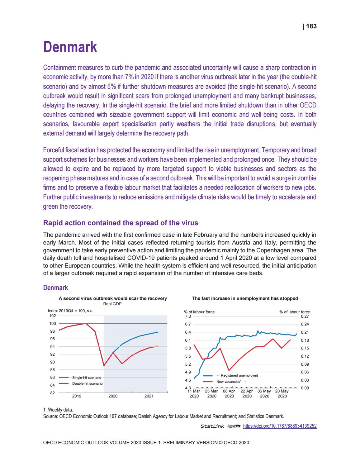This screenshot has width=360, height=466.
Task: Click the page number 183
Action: (x=311, y=26)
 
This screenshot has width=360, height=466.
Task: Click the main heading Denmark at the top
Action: (x=70, y=47)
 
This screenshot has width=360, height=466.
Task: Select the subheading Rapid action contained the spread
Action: (x=120, y=223)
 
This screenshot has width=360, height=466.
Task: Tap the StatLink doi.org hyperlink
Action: (x=279, y=426)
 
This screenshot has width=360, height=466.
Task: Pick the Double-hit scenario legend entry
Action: (x=87, y=383)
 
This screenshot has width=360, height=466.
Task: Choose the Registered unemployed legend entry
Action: (x=239, y=375)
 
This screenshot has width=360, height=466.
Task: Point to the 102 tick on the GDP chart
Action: (x=52, y=316)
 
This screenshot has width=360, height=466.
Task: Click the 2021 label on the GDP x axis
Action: (x=149, y=396)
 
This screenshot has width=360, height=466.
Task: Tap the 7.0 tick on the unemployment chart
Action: (x=187, y=316)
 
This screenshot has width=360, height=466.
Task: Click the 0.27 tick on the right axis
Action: (x=305, y=316)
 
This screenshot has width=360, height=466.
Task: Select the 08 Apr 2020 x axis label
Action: (x=229, y=393)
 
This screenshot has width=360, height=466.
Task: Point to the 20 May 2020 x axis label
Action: (x=282, y=393)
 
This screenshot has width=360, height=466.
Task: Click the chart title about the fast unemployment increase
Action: (x=245, y=298)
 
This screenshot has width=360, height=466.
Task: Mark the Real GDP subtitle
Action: (x=112, y=304)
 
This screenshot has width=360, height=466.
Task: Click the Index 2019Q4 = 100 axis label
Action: (x=71, y=311)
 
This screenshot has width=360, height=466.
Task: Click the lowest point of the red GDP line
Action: (x=104, y=365)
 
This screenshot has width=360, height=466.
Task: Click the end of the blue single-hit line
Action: (x=158, y=332)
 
